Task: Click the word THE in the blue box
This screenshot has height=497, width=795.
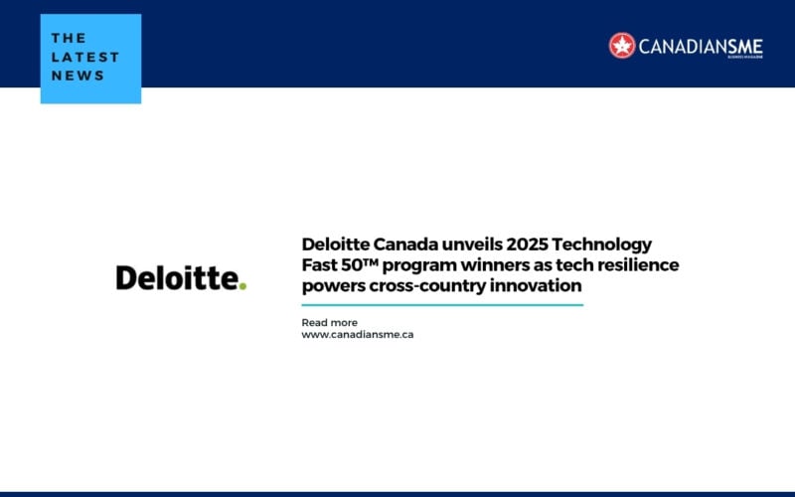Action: (x=69, y=39)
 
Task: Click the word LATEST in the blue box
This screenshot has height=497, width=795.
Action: (x=85, y=58)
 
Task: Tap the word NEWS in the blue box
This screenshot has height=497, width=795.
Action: (x=79, y=77)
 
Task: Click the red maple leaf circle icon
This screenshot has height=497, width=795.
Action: (x=622, y=45)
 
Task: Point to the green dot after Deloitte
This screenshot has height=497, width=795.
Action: (x=241, y=286)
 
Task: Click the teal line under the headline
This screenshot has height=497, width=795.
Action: (x=442, y=304)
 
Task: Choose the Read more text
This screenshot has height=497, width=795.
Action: (x=329, y=322)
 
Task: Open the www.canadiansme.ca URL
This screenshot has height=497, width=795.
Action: (x=357, y=335)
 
